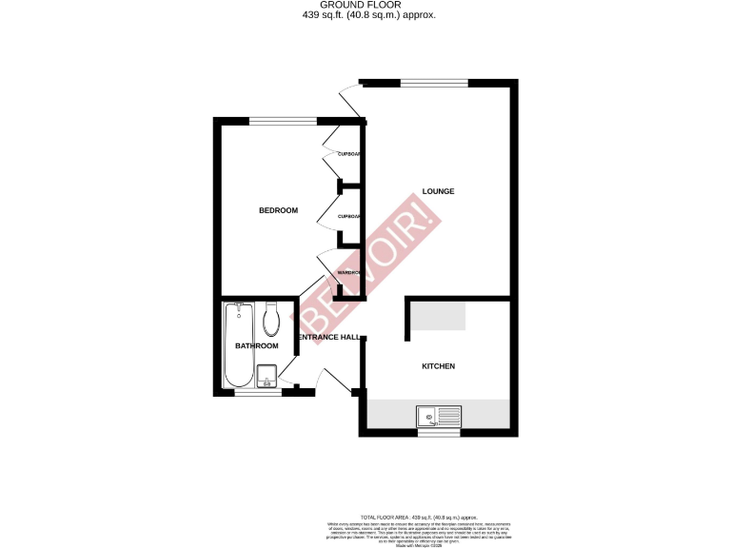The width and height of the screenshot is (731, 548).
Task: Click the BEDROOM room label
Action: coord(278,210)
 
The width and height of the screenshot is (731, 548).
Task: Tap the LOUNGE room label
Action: coord(438,191)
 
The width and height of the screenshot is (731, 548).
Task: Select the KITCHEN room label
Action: coord(438,366)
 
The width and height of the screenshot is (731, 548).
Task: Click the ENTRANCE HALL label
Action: coord(329,338)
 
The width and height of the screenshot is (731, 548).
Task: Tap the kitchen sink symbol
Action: coord(439,415)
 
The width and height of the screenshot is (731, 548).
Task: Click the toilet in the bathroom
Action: coord(271,321)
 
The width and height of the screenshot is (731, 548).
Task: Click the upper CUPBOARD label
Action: coord(349,154)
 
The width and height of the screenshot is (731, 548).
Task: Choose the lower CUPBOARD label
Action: coord(349,216)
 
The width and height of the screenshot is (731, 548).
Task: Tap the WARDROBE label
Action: coord(349,273)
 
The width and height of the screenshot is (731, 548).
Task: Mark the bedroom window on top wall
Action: coord(283,120)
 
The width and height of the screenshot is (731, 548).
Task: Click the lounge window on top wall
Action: coord(433,82)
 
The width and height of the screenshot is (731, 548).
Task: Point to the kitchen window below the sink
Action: coord(439,433)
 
